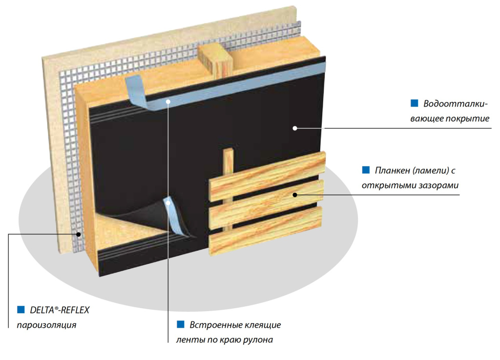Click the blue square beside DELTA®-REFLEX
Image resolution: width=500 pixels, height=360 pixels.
click(x=21, y=309)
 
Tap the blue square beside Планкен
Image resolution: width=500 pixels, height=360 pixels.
click(x=366, y=170)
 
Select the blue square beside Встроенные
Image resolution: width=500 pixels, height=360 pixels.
click(x=180, y=325)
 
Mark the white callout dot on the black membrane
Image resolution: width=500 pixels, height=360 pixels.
click(x=295, y=128)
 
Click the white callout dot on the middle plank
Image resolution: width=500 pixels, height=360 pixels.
click(x=295, y=195)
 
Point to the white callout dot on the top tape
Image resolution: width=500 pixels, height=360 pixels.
click(x=167, y=102)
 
